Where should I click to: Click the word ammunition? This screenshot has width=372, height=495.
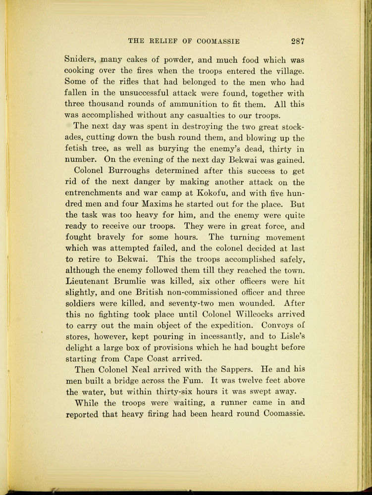[x=187, y=104]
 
